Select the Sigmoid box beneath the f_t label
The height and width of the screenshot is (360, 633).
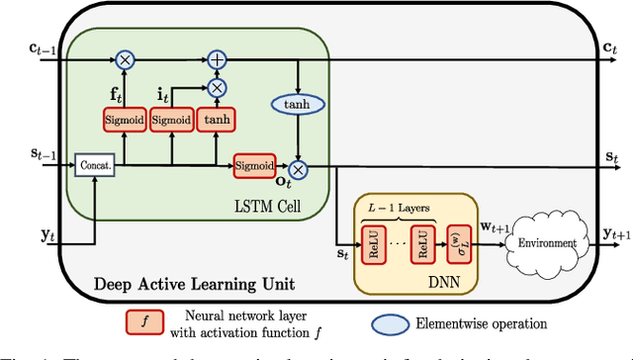(x=125, y=120)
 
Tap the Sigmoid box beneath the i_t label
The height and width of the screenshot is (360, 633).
(x=172, y=120)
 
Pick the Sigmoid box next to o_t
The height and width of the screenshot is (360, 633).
(x=255, y=166)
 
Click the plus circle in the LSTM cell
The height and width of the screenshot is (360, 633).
(x=216, y=60)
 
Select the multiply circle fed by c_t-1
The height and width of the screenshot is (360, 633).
(x=125, y=60)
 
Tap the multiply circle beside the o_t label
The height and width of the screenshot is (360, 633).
(x=297, y=166)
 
